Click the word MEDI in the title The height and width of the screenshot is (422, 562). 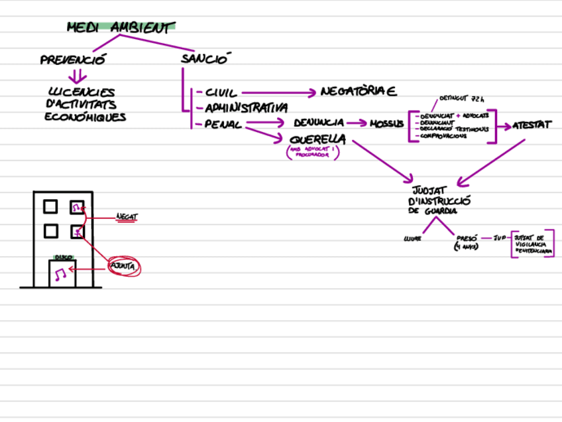(x=84, y=28)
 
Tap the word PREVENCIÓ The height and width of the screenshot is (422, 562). (x=73, y=60)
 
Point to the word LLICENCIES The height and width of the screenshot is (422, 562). (x=82, y=92)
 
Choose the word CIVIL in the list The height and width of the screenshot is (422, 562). (x=221, y=94)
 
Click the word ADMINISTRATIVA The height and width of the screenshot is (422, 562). (x=246, y=107)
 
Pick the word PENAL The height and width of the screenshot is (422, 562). (x=223, y=124)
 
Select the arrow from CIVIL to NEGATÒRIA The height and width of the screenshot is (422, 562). (x=278, y=93)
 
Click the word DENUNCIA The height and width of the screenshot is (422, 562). (x=319, y=123)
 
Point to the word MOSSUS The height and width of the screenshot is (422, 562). (x=386, y=124)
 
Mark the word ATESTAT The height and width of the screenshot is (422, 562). (x=532, y=125)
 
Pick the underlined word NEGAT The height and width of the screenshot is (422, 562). (x=127, y=216)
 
